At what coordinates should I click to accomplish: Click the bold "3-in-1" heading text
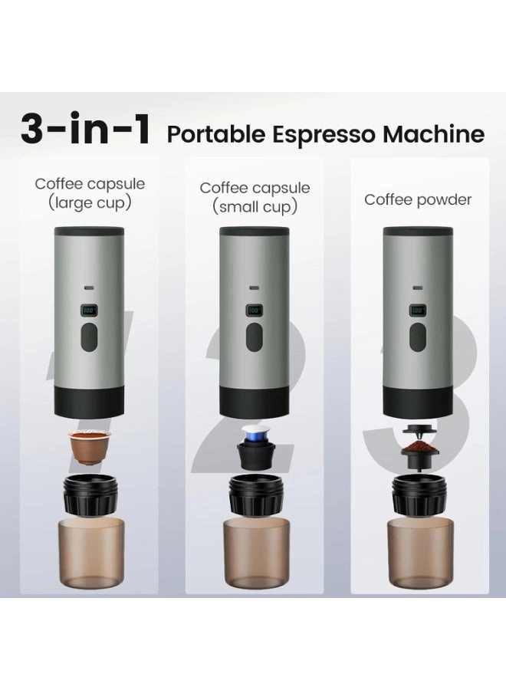(x=85, y=130)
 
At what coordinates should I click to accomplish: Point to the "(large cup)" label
(x=90, y=203)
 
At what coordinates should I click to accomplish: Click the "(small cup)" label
(x=255, y=207)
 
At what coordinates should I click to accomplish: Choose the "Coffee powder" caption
(x=418, y=200)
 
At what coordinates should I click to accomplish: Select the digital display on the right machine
(x=418, y=311)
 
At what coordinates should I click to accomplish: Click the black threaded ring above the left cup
(x=89, y=495)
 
